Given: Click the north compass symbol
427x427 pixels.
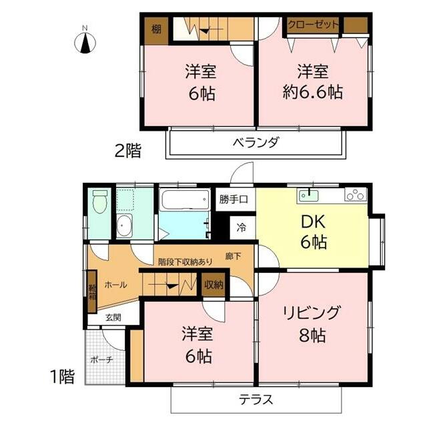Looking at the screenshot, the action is [85, 43].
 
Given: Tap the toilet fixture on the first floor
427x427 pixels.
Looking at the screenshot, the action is [100, 201].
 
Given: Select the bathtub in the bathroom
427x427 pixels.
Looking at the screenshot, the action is [185, 199].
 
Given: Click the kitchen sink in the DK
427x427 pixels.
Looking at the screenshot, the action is [309, 195].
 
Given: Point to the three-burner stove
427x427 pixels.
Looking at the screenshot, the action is [356, 194].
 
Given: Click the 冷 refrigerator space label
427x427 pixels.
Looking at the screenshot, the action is [241, 228].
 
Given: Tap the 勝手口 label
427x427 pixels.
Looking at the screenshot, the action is [234, 199].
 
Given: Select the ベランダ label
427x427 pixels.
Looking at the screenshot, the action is [256, 142].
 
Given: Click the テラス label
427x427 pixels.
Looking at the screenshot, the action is [256, 400].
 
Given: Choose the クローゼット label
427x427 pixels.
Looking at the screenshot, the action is [313, 25].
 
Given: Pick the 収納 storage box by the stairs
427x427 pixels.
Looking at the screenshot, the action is [213, 285].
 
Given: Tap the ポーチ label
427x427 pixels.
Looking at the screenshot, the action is [101, 360].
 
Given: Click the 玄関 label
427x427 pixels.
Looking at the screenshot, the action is [113, 318].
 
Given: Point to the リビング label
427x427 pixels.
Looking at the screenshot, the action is [312, 313].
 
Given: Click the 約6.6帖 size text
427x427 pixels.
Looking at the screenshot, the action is [313, 92].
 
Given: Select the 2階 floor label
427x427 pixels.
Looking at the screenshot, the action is [127, 151].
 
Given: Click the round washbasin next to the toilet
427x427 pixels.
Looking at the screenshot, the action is [124, 226].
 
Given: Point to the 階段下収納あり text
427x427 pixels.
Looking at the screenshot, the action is [185, 262].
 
